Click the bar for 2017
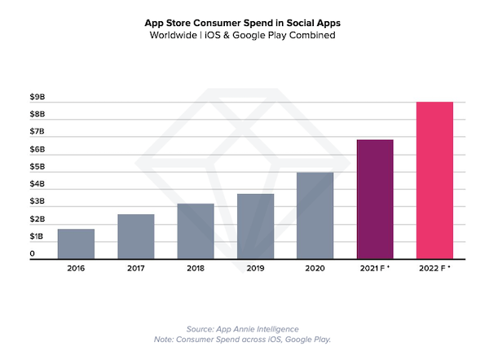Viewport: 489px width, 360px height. click(135, 237)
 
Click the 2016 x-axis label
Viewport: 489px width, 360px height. click(76, 267)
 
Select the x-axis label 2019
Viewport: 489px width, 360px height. click(255, 267)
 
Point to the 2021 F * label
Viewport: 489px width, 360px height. click(375, 267)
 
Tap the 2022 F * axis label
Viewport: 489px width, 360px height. click(434, 267)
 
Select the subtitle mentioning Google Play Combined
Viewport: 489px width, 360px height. click(244, 37)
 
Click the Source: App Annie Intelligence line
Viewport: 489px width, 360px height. click(244, 328)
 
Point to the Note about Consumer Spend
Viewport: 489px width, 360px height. click(244, 339)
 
